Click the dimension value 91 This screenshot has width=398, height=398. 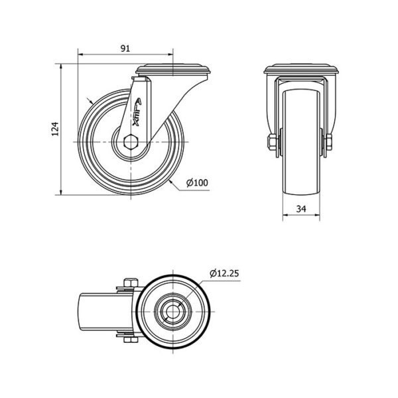125,48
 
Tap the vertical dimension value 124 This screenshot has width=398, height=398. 55,129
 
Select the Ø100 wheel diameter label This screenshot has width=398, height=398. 197,182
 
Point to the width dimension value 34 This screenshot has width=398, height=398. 301,209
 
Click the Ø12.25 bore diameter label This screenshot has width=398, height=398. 224,273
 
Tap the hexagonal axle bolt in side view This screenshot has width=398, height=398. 131,142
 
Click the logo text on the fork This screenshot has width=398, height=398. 137,113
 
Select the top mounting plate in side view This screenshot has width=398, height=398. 173,69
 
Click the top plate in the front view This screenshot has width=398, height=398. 301,69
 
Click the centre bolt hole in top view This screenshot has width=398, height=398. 172,312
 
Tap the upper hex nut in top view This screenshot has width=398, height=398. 131,283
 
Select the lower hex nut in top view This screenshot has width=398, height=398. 131,340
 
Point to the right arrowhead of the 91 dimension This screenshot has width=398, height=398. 170,54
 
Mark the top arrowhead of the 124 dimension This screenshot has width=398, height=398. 61,67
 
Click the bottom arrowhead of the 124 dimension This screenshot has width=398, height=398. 61,192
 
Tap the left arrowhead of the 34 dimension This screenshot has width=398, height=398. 286,215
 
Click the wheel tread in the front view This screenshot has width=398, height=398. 301,143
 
